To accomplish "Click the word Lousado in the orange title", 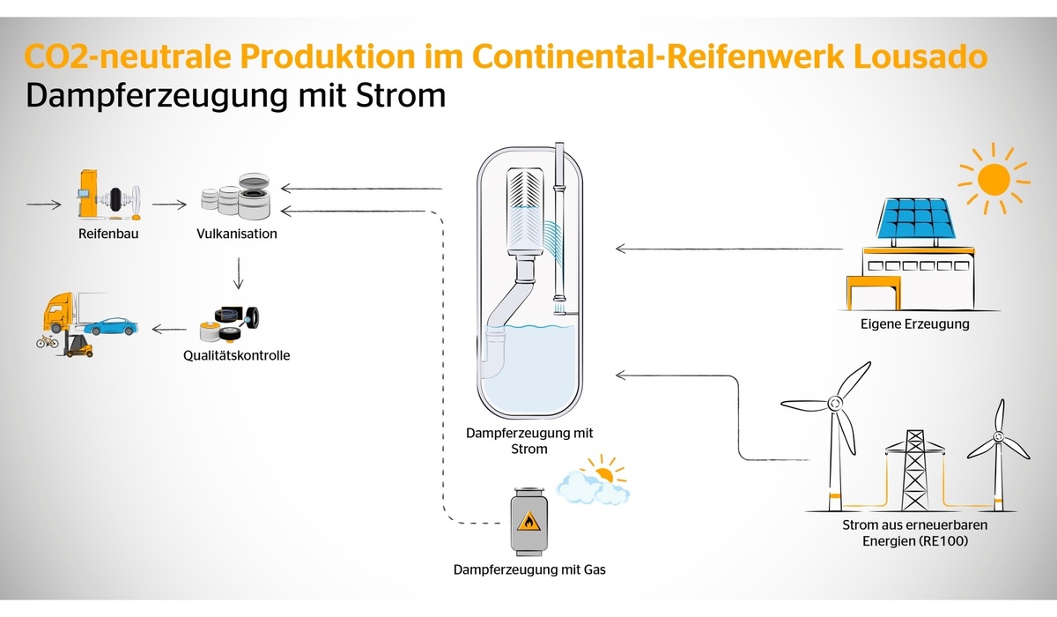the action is click(920, 56).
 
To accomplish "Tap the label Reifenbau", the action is click(108, 234).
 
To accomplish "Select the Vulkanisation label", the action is click(237, 234).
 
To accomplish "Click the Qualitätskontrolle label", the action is click(236, 355).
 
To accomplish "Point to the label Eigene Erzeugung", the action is click(915, 324).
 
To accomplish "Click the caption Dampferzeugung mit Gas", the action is click(529, 569).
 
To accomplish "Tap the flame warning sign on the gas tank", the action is click(529, 521).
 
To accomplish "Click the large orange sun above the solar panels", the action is click(994, 179).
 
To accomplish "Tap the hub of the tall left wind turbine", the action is click(835, 404).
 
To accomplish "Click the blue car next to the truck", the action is click(111, 326).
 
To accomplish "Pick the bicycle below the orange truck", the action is click(48, 341).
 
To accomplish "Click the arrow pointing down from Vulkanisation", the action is click(239, 273).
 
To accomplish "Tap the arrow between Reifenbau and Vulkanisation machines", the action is click(169, 204).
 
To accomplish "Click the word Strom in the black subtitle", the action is click(401, 95).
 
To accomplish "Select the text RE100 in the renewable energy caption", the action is click(940, 541).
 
